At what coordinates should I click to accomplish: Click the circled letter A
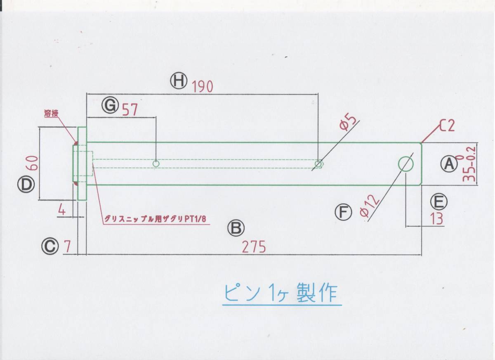(448, 164)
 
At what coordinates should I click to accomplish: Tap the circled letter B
(237, 228)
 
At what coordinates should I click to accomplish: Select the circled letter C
(49, 246)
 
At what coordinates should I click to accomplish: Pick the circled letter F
(343, 213)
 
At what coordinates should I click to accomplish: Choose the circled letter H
(179, 81)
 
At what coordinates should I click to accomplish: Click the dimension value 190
(203, 87)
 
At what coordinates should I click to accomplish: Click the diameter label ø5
(348, 123)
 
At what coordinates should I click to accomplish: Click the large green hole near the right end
(405, 164)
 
